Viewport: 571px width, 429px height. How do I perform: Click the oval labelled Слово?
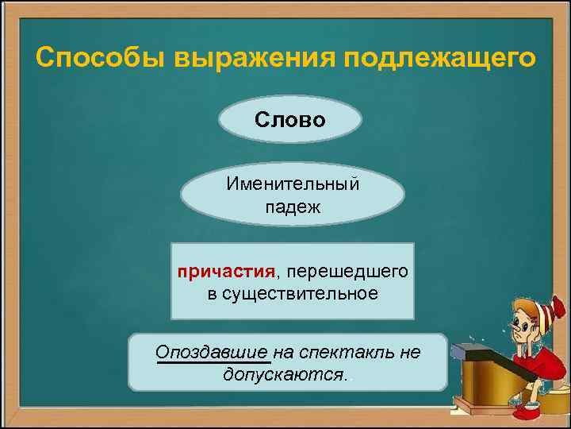289,120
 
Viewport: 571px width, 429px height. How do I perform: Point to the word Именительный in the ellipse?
293,184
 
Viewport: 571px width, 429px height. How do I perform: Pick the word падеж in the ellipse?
293,207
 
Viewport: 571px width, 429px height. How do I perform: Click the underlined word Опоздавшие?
213,352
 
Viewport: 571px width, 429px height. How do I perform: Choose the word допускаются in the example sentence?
284,373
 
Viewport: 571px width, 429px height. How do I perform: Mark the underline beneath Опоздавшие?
213,363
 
